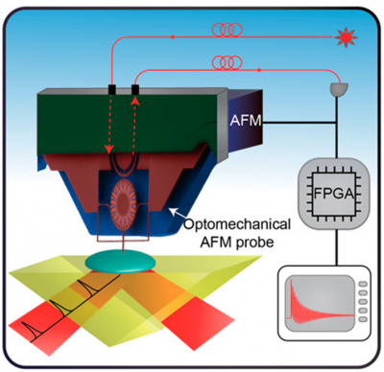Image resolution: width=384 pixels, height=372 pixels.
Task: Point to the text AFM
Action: point(245,121)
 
